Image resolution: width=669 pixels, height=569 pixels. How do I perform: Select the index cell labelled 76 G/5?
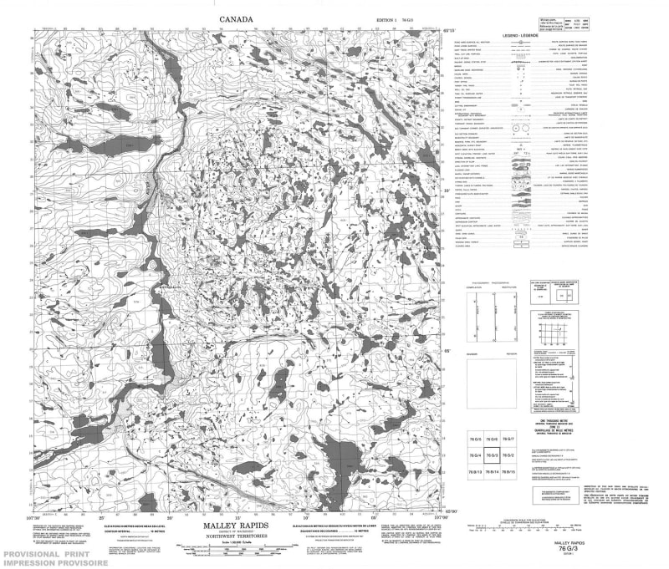[x=475, y=439]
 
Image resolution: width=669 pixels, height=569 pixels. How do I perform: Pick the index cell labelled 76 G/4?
[x=475, y=456]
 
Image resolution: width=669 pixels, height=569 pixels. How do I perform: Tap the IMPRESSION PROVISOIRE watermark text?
[x=59, y=563]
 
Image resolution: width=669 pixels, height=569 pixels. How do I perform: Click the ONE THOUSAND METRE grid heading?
[x=561, y=419]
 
